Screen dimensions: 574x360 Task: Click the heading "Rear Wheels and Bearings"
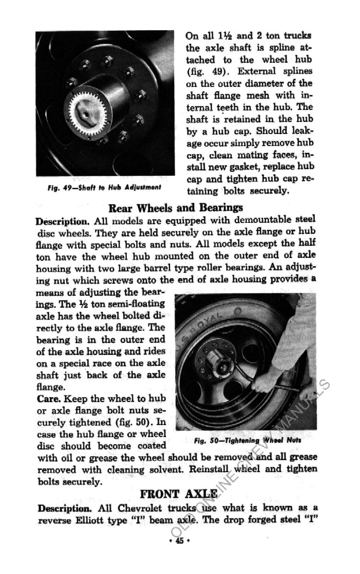click(176, 208)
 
